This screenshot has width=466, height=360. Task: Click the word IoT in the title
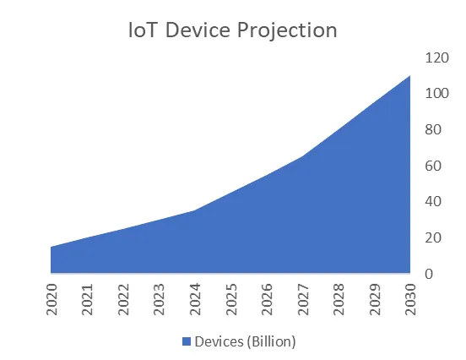point(143,30)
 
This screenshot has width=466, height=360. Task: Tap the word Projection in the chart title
point(288,30)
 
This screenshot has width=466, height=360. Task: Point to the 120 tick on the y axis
point(436,57)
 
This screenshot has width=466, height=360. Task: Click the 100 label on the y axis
point(436,94)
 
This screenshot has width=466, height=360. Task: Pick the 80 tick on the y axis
point(433,130)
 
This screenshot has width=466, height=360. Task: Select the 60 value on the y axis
point(433,166)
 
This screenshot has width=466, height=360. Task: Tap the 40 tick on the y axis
point(433,202)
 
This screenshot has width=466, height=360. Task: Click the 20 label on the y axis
point(433,238)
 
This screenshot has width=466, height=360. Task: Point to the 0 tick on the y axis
point(429,274)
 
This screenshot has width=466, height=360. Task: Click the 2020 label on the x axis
point(51,299)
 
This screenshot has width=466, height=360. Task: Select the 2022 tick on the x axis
point(123,299)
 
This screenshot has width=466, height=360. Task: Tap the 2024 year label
point(195,299)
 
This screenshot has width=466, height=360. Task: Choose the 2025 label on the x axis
point(231,299)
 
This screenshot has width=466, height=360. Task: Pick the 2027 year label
point(303,299)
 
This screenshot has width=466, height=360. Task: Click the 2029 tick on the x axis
point(375,299)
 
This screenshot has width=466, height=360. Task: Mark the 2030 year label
point(410,299)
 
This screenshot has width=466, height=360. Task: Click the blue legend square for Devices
point(187,341)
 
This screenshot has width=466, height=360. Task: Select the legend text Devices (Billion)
point(245,341)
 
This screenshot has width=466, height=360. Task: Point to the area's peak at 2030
point(409,76)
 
